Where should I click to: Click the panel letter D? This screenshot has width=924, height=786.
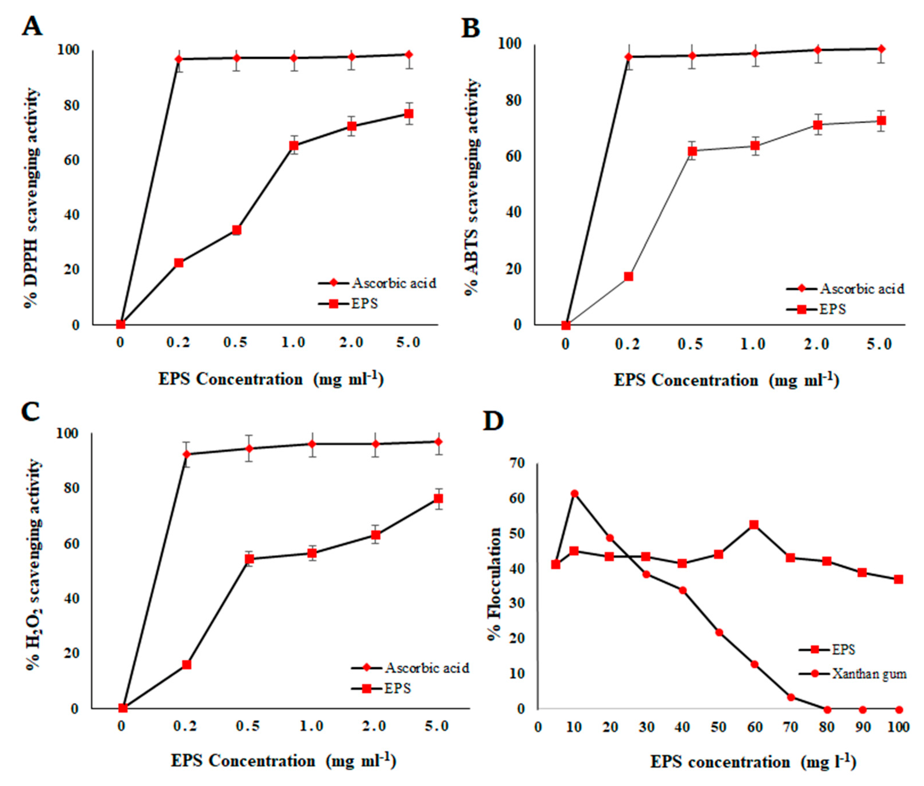point(494,421)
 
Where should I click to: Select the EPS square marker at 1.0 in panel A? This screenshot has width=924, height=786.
point(293,146)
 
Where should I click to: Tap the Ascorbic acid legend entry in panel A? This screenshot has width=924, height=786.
point(393,283)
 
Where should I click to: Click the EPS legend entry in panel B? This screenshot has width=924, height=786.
point(832,309)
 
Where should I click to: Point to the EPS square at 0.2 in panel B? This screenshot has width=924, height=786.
point(628,276)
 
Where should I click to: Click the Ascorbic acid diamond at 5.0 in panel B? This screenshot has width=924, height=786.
point(881,49)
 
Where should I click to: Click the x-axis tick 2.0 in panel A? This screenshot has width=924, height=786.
point(351,343)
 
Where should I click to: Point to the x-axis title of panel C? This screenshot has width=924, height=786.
point(283,761)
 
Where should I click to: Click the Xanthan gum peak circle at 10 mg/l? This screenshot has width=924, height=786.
point(574,494)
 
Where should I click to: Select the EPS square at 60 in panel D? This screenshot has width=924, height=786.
point(754,525)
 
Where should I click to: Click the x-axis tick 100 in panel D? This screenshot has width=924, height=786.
point(898,728)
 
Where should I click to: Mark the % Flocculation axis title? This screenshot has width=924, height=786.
point(494,584)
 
